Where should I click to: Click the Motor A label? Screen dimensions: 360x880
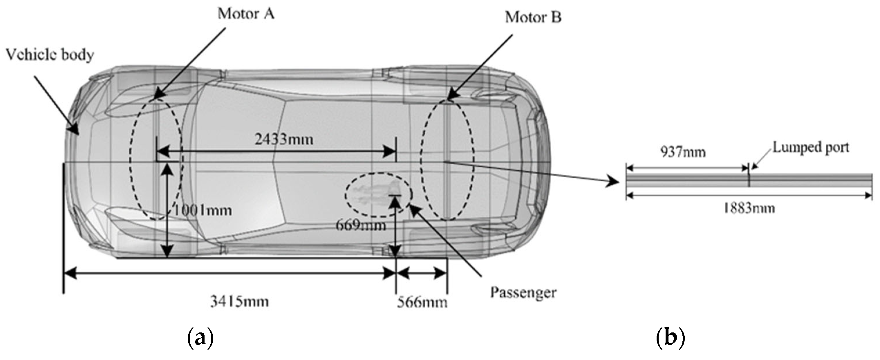pos(246,14)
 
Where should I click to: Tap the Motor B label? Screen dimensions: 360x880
pos(533,17)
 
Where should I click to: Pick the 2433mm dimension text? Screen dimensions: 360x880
pos(284,139)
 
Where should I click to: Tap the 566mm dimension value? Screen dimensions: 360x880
pos(422,303)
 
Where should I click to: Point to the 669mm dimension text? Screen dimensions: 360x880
pos(361,225)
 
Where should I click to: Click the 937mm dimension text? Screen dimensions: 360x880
pos(682,152)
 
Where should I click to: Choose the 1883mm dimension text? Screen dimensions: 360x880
pos(749,208)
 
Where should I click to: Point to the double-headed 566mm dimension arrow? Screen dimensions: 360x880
pos(422,273)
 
